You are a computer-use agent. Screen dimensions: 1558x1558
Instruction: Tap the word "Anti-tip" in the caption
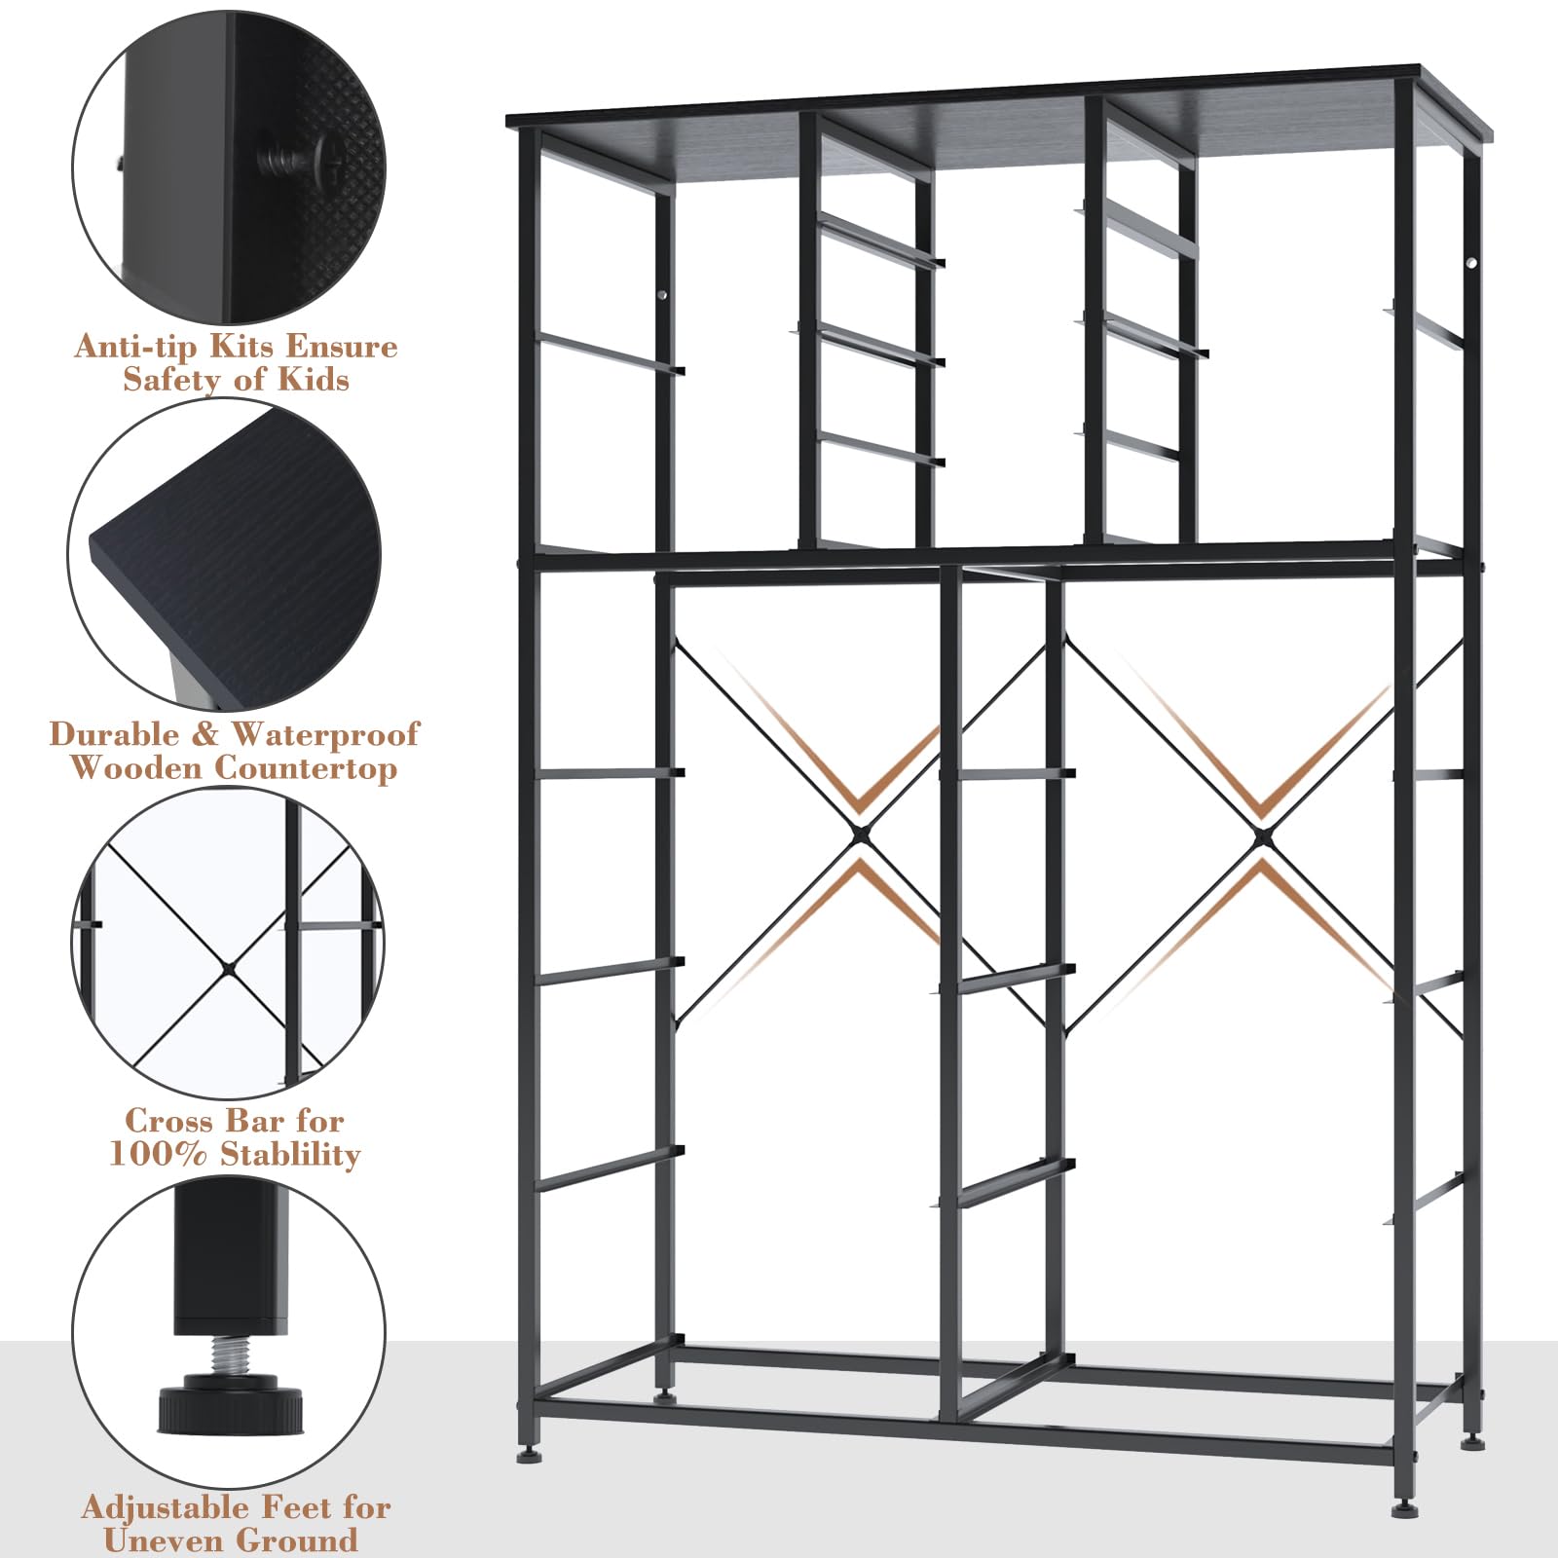[136, 347]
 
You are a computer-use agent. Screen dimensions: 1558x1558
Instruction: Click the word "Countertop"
[306, 768]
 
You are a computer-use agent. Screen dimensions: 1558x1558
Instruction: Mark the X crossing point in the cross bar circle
[227, 966]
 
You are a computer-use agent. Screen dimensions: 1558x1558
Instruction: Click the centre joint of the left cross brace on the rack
[860, 835]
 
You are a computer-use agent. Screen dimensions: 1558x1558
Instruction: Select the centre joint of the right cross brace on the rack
[1262, 835]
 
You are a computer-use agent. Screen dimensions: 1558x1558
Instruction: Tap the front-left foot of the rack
[528, 1457]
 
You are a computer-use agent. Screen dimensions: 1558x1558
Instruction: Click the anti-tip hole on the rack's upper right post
[1472, 264]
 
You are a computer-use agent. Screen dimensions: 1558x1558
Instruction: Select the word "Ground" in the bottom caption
[298, 1540]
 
